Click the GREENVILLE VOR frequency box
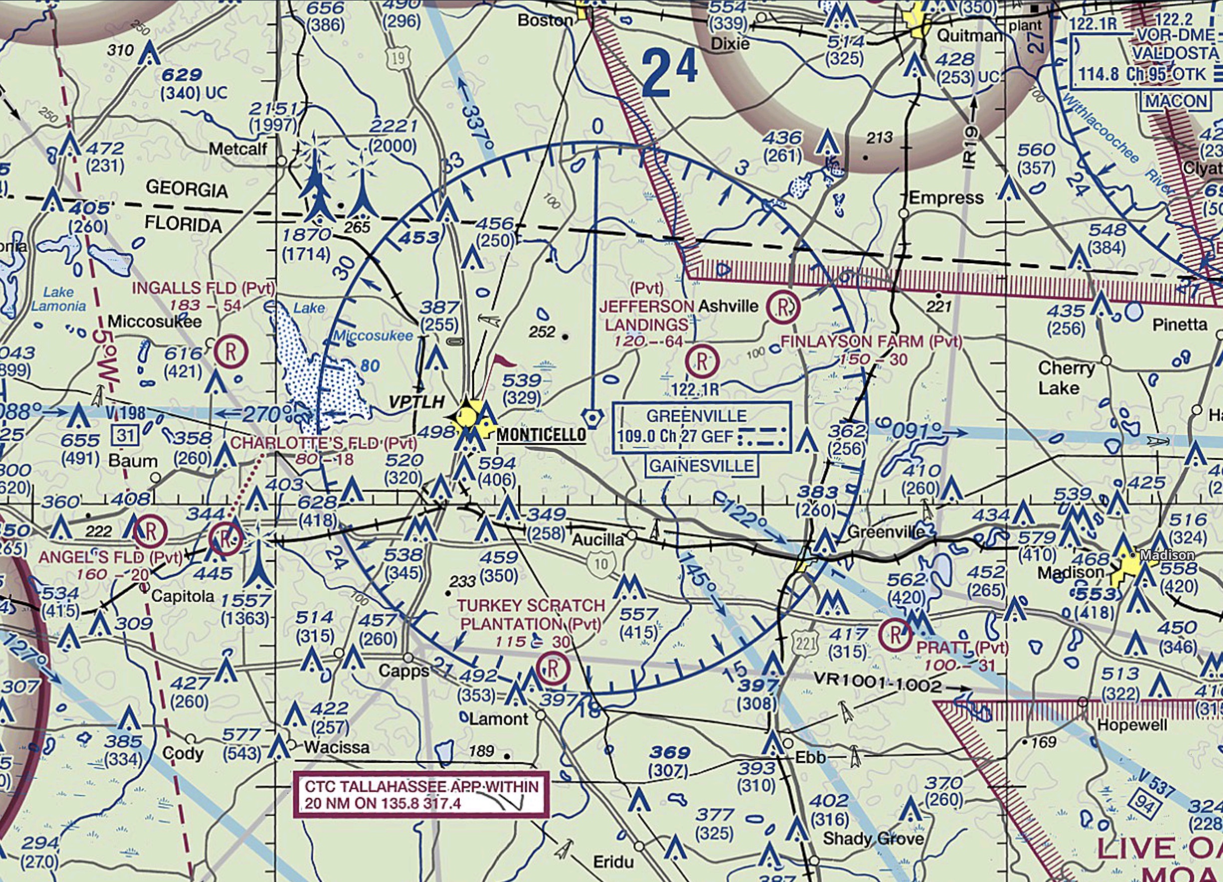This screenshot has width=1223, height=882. coord(702,426)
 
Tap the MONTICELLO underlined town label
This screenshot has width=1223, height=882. coord(541,435)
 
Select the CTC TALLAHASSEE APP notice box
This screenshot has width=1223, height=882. coord(421,795)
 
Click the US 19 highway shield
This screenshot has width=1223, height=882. coord(398,59)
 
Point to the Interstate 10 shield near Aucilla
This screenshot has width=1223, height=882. coord(600,564)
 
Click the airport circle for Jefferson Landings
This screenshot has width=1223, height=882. coord(702,361)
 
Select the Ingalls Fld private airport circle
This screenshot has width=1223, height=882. coord(231,352)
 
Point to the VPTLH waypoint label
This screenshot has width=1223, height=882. coord(416,402)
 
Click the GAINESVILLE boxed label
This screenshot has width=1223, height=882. coord(701,466)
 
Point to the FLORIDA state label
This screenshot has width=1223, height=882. coord(183,224)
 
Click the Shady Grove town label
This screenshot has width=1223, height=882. coord(873,839)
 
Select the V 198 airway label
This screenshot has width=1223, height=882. coord(125,413)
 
